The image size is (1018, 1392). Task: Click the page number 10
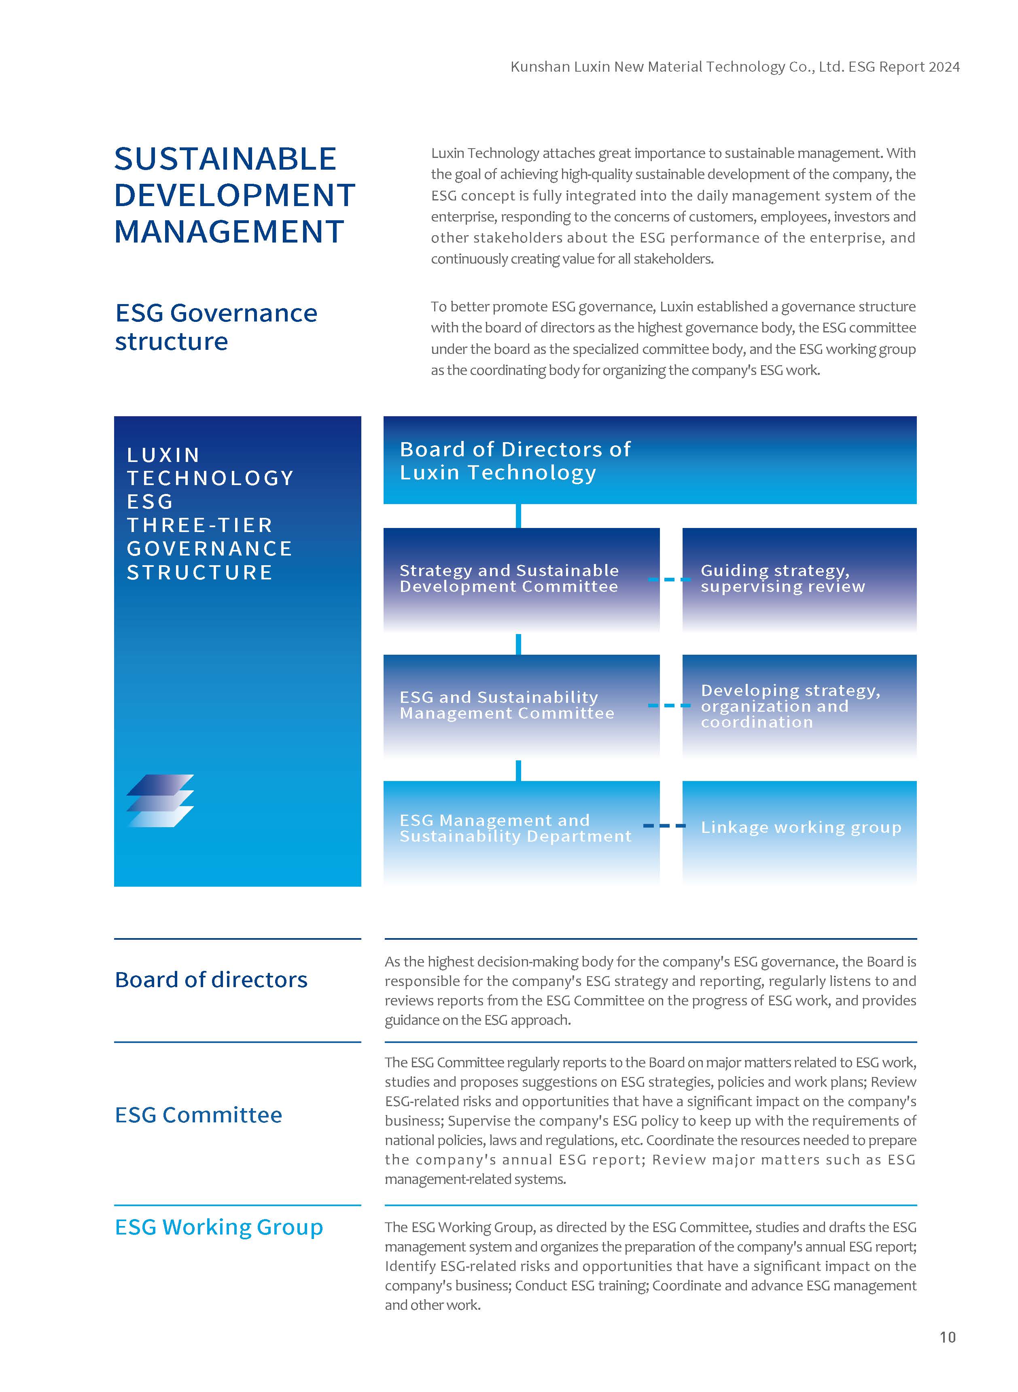(x=947, y=1337)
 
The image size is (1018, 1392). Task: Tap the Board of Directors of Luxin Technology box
(x=649, y=460)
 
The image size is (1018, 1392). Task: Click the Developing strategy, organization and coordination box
(x=799, y=705)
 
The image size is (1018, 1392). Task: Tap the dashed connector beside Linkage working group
(x=664, y=826)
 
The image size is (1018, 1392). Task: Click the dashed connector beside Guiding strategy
(x=669, y=579)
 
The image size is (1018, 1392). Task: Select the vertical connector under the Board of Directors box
(x=518, y=515)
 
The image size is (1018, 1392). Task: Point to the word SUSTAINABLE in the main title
(x=225, y=159)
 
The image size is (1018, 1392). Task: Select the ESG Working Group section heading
(x=219, y=1227)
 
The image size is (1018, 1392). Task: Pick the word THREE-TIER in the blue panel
(x=199, y=525)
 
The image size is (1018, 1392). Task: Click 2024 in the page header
(x=944, y=66)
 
